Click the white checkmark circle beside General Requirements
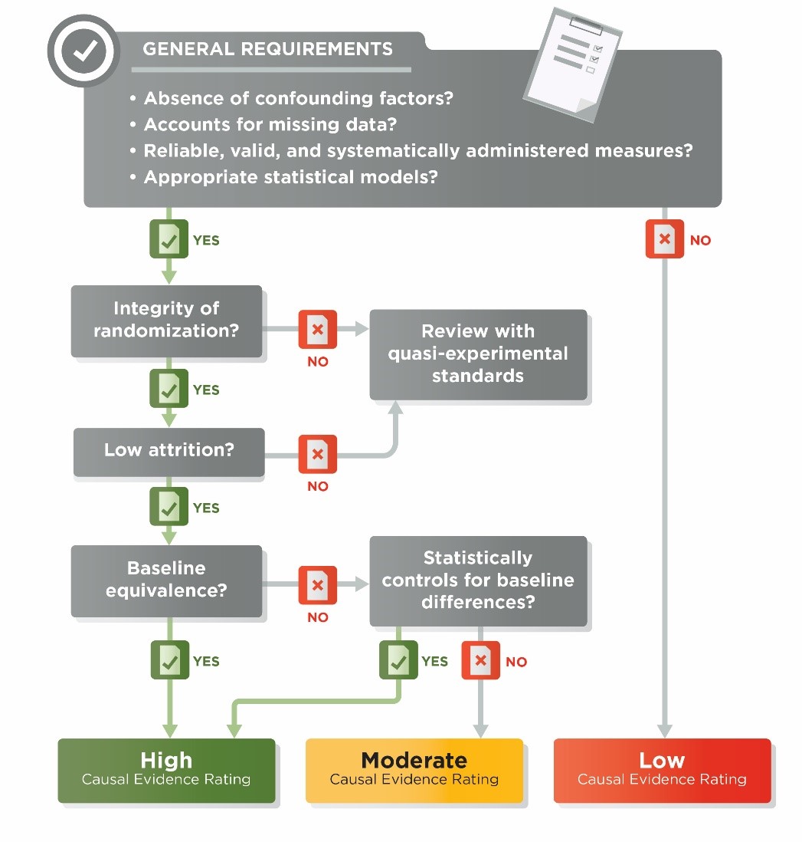coord(84,51)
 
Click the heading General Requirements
coord(267,49)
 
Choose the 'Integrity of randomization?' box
coord(166,320)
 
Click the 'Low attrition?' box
coord(169,450)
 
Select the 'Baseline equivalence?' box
coord(166,580)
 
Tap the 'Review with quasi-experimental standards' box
coord(478,354)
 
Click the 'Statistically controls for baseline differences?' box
coord(478,580)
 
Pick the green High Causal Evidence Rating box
coord(166,769)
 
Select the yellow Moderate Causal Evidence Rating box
coord(414,769)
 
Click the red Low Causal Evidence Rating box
coord(662,769)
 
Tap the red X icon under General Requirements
coord(665,239)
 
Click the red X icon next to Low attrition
coord(317,455)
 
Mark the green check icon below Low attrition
coord(169,507)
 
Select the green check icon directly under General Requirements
coord(169,239)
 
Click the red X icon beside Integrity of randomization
coord(317,330)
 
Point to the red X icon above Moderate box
coord(480,660)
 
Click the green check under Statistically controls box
coord(398,660)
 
